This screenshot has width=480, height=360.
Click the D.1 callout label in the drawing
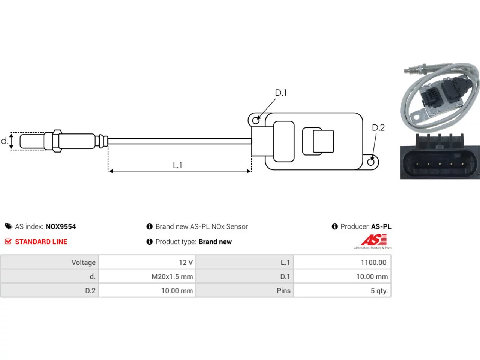point(281,93)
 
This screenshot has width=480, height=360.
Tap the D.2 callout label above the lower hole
point(378,127)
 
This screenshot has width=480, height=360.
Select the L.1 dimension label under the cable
point(177,165)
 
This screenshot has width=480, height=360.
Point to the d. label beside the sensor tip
point(4,141)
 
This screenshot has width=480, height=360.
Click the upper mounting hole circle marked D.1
point(256,120)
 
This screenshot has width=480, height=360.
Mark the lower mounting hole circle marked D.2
point(371,162)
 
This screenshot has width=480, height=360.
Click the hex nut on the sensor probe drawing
point(57,141)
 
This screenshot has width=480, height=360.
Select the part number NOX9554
point(61,226)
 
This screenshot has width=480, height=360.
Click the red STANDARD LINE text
point(41,242)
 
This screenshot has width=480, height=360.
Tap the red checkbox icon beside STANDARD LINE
point(8,241)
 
